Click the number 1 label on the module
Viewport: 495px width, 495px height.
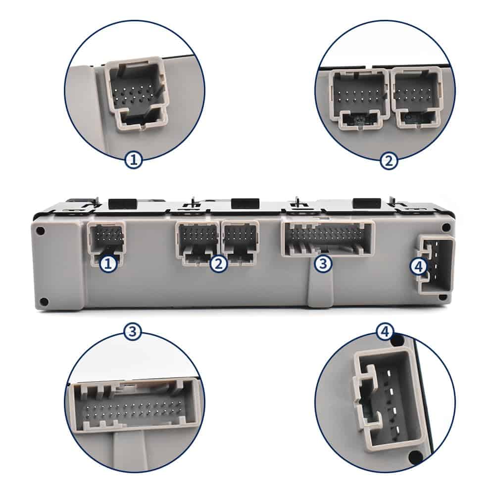tap(108, 264)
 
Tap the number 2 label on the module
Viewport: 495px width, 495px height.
tap(219, 264)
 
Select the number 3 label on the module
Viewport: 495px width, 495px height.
tap(323, 263)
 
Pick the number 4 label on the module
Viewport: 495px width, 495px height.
tap(418, 267)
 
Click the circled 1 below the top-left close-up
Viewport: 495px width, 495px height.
tap(134, 160)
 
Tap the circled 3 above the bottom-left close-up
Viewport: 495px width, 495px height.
tap(132, 332)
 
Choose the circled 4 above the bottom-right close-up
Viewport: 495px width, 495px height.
tap(385, 332)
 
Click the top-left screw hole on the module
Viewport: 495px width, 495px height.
tap(41, 231)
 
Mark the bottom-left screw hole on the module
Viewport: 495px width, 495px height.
tap(44, 302)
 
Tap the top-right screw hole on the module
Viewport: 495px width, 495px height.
tap(446, 227)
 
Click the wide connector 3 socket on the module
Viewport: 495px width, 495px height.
tap(327, 239)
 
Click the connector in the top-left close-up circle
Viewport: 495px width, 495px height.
tap(137, 93)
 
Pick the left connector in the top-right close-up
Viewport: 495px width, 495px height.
tap(359, 99)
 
